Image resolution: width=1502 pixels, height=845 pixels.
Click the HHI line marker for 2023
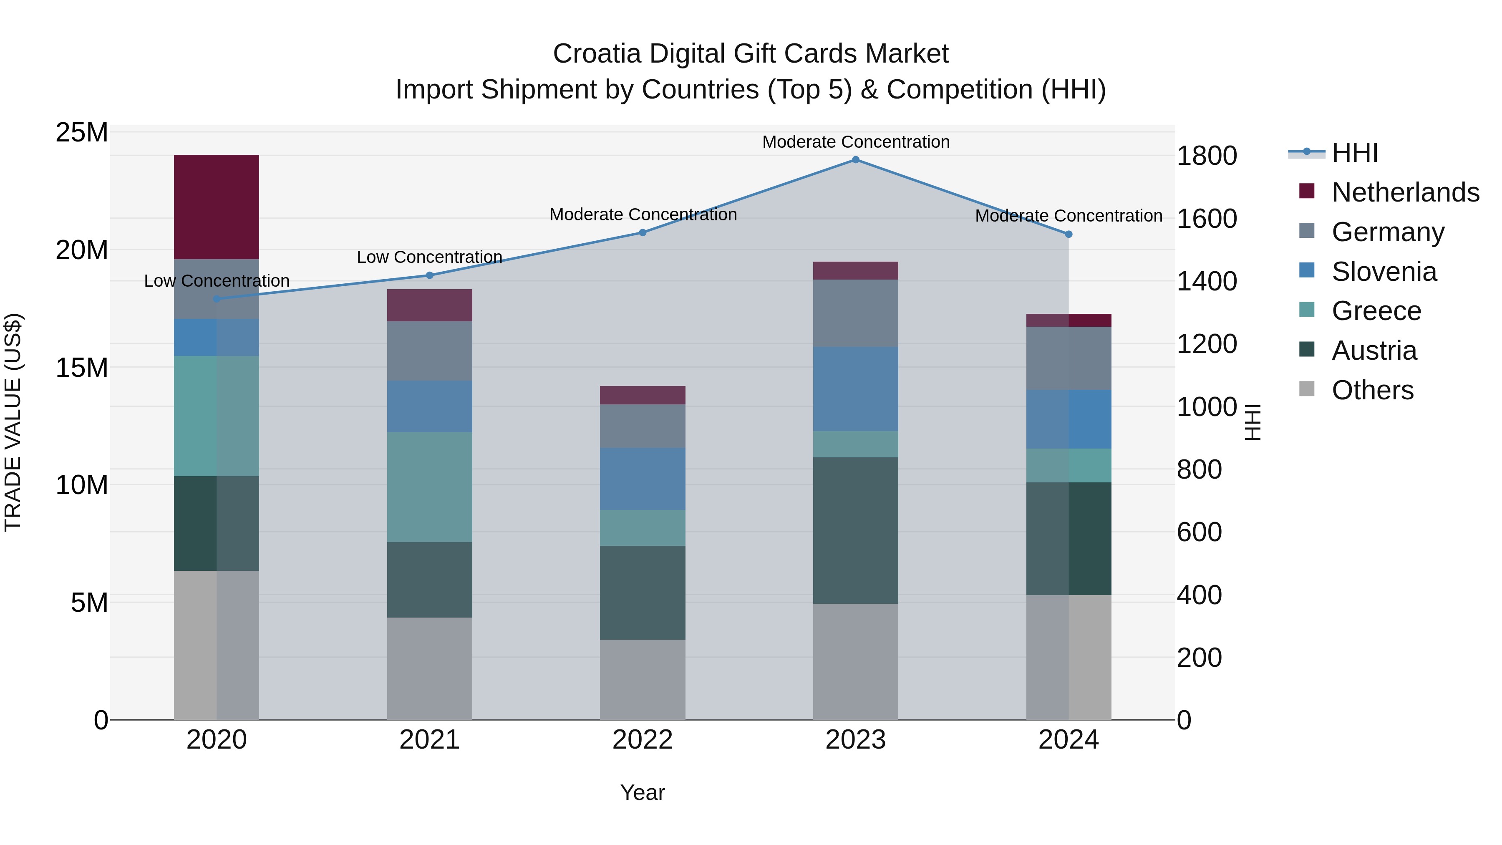tap(855, 160)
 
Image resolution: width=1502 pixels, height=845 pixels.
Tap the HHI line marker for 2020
tap(216, 299)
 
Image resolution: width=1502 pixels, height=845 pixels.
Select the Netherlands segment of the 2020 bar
tap(216, 207)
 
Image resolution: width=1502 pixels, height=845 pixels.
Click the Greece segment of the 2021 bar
tap(429, 487)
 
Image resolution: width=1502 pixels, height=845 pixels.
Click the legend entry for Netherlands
tap(1405, 192)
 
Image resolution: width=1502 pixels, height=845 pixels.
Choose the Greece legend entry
tap(1376, 311)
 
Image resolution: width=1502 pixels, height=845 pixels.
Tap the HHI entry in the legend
tap(1354, 153)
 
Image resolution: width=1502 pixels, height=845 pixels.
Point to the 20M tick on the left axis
tap(82, 250)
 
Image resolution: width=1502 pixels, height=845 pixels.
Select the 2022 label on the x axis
tap(643, 740)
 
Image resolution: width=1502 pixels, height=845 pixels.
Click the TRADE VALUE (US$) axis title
tap(13, 422)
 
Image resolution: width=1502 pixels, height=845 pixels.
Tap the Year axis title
tap(643, 792)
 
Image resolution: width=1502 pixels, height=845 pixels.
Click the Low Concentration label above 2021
tap(429, 257)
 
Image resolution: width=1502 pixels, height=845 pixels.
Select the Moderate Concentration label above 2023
tap(855, 142)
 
